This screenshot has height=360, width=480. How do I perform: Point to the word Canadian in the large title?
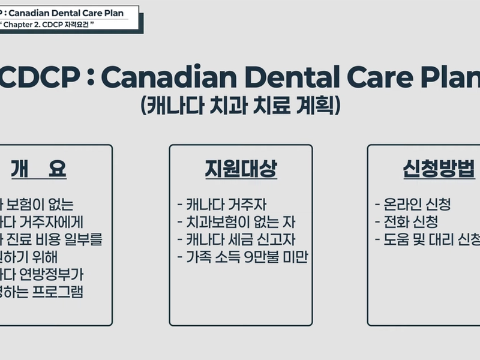point(165,76)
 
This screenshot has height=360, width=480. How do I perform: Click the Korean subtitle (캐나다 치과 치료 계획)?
point(241,106)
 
